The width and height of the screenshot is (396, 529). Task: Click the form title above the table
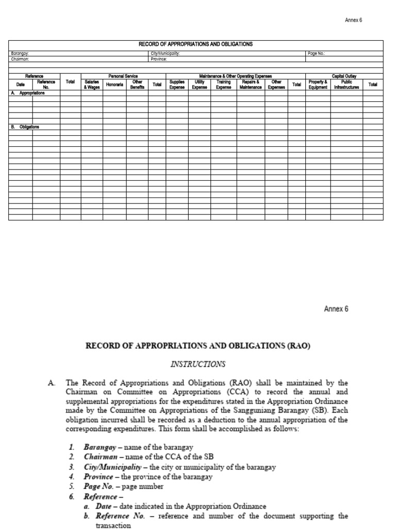[x=196, y=44]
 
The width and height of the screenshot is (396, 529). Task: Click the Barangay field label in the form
[x=20, y=53]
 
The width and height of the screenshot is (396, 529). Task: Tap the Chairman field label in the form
[x=20, y=59]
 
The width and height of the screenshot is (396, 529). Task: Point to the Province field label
[x=159, y=59]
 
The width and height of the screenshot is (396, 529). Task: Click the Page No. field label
[x=316, y=53]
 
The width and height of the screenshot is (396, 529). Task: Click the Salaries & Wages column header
[x=91, y=85]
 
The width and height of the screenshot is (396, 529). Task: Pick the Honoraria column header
[x=114, y=85]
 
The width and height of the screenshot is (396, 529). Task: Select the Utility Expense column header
[x=199, y=85]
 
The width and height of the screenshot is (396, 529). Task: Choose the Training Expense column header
[x=223, y=85]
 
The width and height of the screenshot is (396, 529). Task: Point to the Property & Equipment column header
[x=318, y=85]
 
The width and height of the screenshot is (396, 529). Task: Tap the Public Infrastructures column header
[x=346, y=85]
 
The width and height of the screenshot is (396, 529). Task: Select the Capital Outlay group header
[x=344, y=76]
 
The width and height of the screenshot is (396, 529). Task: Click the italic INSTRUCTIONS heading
[x=197, y=364]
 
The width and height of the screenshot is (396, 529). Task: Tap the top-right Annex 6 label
[x=354, y=20]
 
